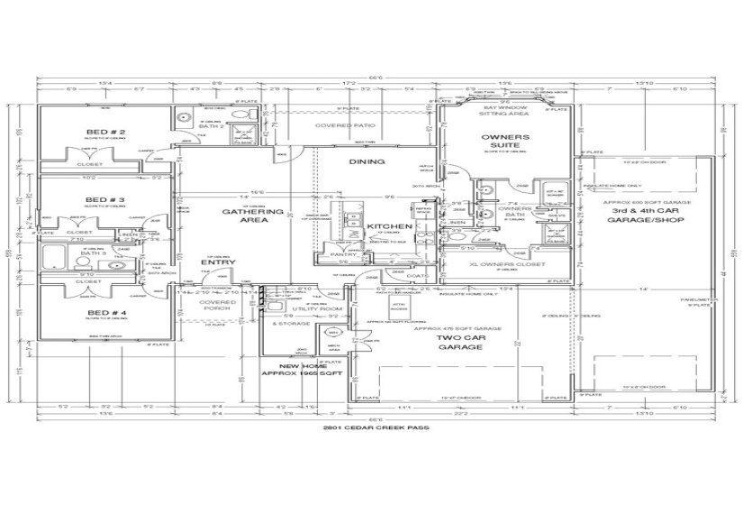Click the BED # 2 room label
(x=112, y=132)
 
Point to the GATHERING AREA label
(x=241, y=216)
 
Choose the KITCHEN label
(x=390, y=225)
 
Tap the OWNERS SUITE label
(x=509, y=142)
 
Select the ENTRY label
(x=217, y=262)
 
